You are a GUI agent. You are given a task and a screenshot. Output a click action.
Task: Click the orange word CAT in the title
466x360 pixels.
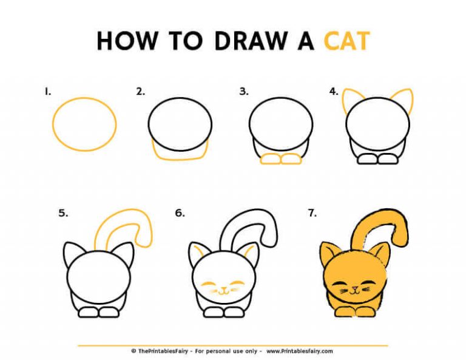tap(346, 41)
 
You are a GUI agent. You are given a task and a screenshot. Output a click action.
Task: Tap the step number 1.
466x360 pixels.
tap(47, 92)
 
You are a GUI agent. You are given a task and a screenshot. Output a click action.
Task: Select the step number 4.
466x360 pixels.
tap(333, 92)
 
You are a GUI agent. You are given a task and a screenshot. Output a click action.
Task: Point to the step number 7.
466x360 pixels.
tap(312, 213)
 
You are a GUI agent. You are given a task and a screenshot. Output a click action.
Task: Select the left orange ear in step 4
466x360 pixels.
tap(351, 98)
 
